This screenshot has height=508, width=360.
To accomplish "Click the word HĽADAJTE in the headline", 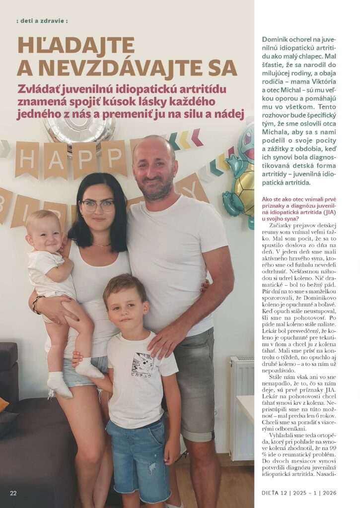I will tap(75, 45).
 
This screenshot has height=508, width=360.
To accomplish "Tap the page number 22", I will tap(13, 493).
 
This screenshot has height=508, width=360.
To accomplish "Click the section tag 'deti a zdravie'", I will tap(42, 21).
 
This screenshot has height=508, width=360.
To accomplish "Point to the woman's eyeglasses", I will tap(97, 205).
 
